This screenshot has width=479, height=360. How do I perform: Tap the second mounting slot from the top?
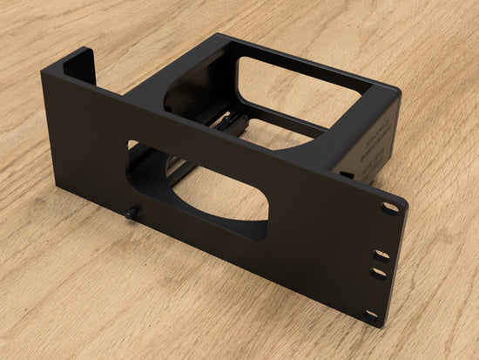(x=381, y=255)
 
